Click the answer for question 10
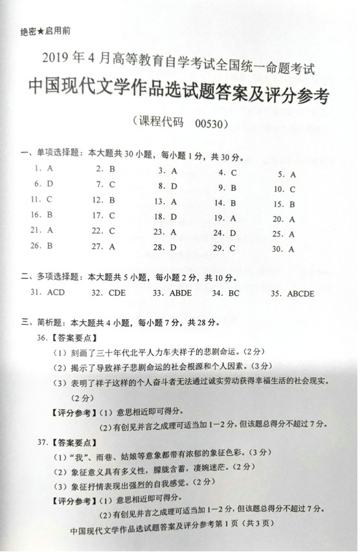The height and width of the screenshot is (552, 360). click(x=293, y=190)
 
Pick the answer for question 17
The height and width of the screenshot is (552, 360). click(x=112, y=215)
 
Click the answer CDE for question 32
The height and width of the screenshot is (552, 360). click(x=117, y=293)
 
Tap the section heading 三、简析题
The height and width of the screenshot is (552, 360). click(x=42, y=322)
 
